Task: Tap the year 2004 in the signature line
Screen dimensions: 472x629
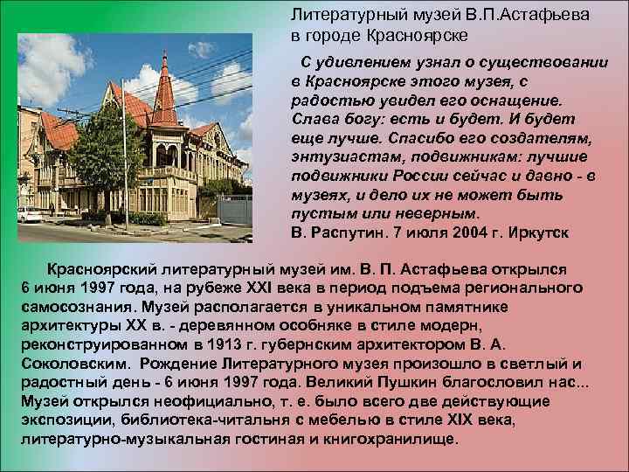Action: tap(462, 233)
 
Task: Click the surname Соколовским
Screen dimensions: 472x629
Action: tap(73, 364)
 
